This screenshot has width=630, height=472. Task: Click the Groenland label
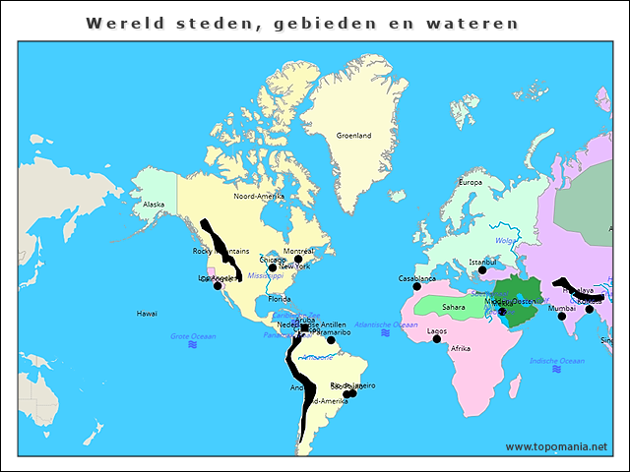click(x=353, y=136)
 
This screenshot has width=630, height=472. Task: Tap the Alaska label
click(x=154, y=205)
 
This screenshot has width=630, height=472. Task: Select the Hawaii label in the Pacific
click(x=147, y=314)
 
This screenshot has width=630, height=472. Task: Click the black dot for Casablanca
click(x=416, y=287)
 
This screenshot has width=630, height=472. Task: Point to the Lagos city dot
click(x=437, y=339)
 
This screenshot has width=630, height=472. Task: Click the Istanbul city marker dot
click(x=482, y=270)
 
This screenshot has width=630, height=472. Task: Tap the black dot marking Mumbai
click(x=562, y=317)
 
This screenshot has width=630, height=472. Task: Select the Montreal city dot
click(x=298, y=260)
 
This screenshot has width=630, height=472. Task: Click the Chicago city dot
click(x=273, y=267)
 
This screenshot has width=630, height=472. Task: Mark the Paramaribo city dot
click(x=318, y=340)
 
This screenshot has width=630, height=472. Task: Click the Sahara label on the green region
click(x=454, y=307)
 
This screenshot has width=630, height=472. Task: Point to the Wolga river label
click(x=506, y=240)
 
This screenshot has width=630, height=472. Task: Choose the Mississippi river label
click(x=265, y=276)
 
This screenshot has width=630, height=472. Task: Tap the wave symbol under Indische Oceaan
click(x=556, y=370)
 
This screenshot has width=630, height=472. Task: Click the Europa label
click(x=471, y=182)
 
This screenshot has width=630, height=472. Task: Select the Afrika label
click(x=461, y=349)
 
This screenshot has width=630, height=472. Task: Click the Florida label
click(x=280, y=299)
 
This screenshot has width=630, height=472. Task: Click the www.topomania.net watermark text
click(x=556, y=446)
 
